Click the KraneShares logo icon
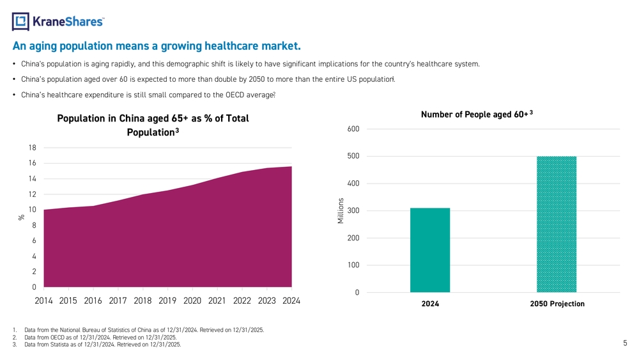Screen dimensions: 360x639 pos(20,22)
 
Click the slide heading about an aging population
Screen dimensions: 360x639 pos(156,46)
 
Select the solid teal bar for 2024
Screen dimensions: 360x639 pos(430,250)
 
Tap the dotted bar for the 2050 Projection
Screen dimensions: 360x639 pos(557,224)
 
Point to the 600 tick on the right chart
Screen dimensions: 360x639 pos(353,129)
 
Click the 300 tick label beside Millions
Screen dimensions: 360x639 pos(353,211)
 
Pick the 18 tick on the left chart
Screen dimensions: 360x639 pos(32,148)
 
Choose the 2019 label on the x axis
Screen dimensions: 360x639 pos(167,301)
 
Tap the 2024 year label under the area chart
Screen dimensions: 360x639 pos(291,301)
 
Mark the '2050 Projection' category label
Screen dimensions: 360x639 pos(557,304)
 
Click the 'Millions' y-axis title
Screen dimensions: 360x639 pos(341,210)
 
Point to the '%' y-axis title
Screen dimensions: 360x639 pos(20,217)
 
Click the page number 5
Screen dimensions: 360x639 pos(625,343)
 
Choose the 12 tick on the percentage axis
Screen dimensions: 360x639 pos(32,194)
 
